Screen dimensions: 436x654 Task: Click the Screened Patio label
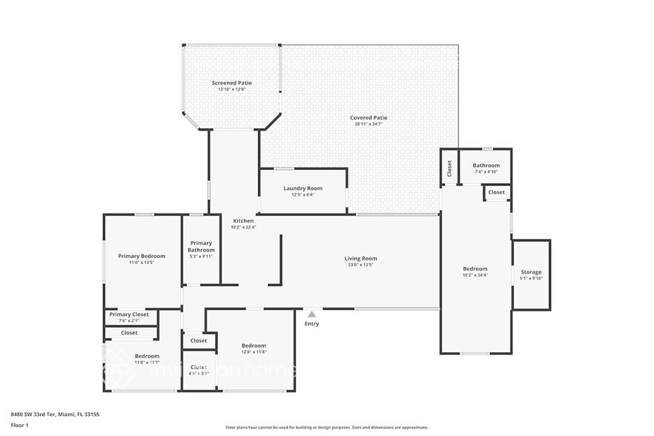pos(231,83)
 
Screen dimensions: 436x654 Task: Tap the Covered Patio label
pos(369,118)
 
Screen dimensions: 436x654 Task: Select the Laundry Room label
pos(303,188)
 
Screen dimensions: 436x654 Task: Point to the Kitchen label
pos(243,221)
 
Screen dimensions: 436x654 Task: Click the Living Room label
pos(361,258)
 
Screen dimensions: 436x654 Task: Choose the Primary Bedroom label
pos(142,256)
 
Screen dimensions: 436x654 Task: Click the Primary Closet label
pos(129,314)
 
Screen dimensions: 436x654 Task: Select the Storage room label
pos(531,272)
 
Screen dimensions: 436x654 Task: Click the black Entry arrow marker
pos(312,314)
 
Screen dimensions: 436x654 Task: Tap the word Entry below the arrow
pos(312,324)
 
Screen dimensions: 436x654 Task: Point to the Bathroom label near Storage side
pos(486,165)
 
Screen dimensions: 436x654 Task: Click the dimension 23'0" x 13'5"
pos(361,265)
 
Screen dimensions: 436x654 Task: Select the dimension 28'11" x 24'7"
pos(369,125)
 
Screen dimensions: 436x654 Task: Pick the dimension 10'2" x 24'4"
pos(475,275)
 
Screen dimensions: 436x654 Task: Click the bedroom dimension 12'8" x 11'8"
pos(254,352)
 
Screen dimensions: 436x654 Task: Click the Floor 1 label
pos(19,425)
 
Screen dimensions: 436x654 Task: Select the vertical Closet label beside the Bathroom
pos(449,168)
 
